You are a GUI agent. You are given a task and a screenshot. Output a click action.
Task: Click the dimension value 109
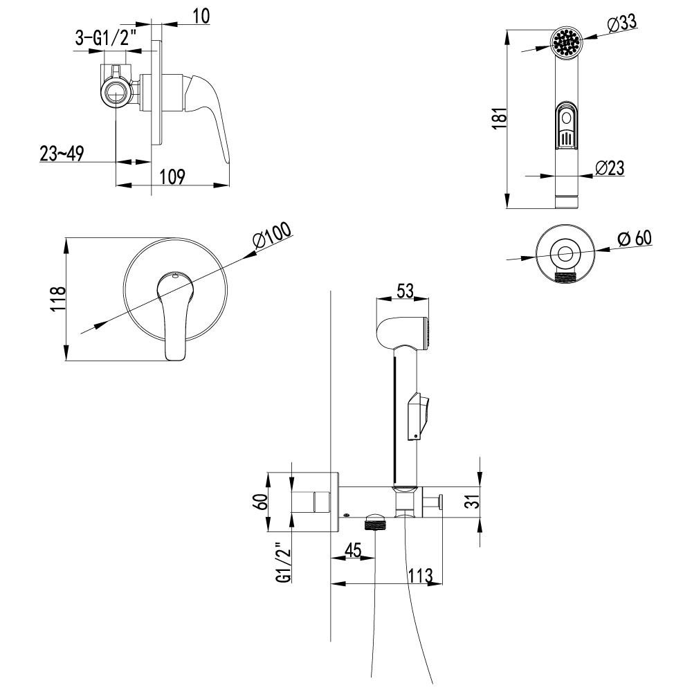click(172, 176)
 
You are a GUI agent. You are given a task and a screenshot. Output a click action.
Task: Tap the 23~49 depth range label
click(62, 153)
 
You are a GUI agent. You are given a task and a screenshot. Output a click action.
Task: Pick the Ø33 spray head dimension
click(622, 22)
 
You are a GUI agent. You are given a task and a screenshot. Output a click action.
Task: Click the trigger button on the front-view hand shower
click(567, 126)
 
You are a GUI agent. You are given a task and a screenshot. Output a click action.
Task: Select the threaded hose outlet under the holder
click(374, 523)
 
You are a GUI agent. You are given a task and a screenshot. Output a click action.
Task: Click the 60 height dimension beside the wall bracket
click(261, 502)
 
